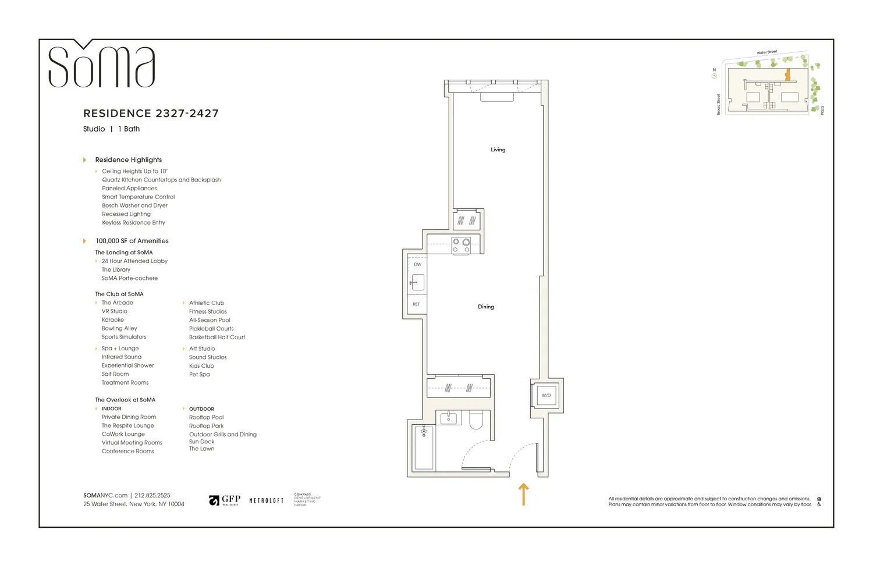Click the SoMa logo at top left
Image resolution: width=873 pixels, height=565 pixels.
tap(101, 65)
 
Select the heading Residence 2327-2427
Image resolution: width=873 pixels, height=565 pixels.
tap(151, 113)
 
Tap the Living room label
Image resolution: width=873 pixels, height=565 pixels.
tap(498, 150)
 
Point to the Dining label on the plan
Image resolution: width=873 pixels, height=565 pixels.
tap(485, 307)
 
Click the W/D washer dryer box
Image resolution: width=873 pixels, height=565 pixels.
tap(546, 396)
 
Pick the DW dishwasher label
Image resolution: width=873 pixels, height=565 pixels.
tap(417, 264)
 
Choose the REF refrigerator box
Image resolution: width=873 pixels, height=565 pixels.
tap(417, 304)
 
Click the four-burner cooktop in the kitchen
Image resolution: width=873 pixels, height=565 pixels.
tap(461, 246)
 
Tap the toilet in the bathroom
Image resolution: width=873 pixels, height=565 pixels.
tap(476, 420)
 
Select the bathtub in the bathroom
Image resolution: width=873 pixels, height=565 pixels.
tap(423, 447)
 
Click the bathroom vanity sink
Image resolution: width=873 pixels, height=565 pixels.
tap(448, 418)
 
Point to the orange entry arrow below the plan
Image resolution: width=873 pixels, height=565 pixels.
tap(523, 494)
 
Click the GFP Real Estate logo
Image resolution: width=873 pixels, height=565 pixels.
tap(225, 500)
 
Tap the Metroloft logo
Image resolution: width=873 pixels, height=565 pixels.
tap(267, 500)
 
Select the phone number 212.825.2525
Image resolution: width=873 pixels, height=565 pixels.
tap(152, 495)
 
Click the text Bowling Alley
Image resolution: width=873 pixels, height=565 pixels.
tap(119, 328)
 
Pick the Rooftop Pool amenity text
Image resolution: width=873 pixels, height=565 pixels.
tap(206, 417)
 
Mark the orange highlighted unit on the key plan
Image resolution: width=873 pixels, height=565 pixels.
tap(787, 74)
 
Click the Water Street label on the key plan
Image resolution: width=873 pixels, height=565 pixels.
tap(766, 52)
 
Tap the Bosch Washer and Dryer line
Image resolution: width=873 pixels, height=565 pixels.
tap(134, 205)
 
